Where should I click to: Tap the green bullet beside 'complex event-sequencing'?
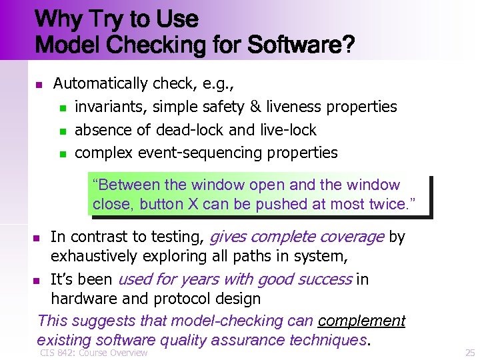[x=63, y=154]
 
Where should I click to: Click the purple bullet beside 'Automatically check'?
[x=39, y=85]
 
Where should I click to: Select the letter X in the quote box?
[x=193, y=204]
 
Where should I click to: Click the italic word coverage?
[x=351, y=237]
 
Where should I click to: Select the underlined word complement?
[x=361, y=321]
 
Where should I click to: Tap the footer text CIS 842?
[x=56, y=352]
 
